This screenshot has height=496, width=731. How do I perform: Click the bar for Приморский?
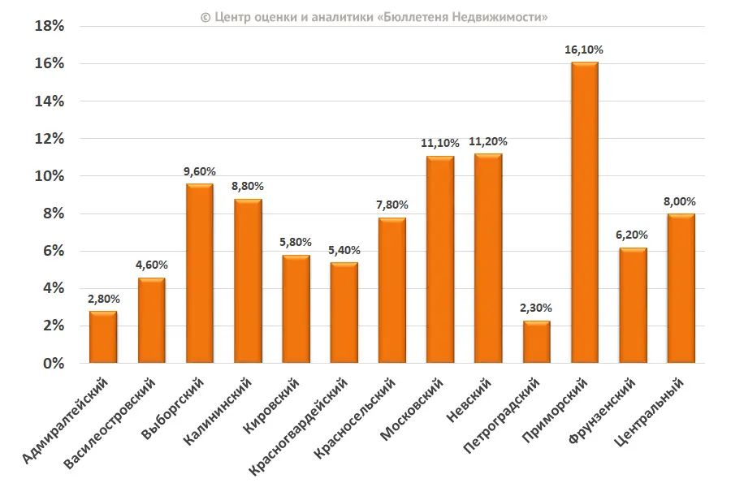[584, 213]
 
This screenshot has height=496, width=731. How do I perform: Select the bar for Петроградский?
[536, 342]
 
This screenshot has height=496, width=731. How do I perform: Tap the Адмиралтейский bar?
[103, 337]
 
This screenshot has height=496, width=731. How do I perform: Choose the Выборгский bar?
[199, 274]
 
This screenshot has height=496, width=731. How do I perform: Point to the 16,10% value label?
[584, 50]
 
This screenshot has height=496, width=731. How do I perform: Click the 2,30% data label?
[536, 308]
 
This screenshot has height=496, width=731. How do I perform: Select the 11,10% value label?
[440, 143]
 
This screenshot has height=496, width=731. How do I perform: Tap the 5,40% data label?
[344, 250]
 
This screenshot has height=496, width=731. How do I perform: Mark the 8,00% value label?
[680, 201]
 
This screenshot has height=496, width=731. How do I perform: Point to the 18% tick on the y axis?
[50, 26]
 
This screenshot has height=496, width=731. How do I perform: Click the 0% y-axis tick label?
[54, 364]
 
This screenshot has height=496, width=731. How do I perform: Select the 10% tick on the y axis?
[50, 176]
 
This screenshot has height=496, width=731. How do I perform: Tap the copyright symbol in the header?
[205, 16]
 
